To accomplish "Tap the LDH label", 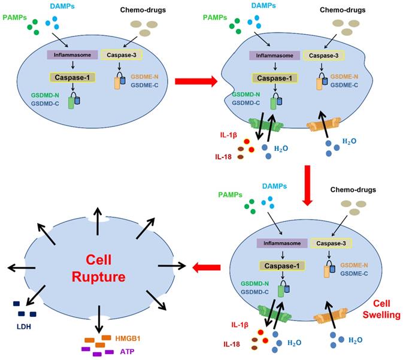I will [x=23, y=328].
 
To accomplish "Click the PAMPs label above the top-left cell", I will [x=16, y=17].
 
